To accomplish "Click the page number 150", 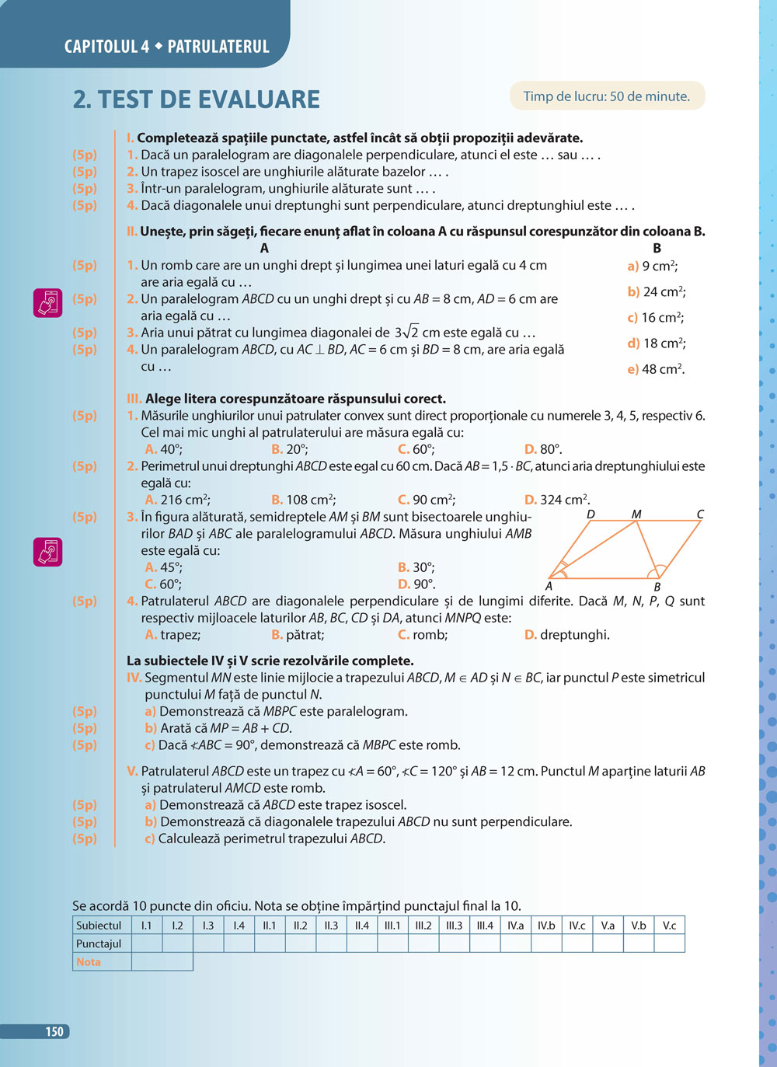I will point(54,1031).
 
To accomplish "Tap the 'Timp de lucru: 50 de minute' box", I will point(607,96).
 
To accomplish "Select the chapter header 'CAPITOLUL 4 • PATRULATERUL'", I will point(166,47).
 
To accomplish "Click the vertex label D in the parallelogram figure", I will point(591,514).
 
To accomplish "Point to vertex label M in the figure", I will point(636,514).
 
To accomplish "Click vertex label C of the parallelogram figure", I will point(700,514).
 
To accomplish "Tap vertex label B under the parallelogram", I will point(657,588).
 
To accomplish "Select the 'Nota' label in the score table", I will point(89,962).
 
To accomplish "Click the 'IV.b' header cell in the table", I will point(546,926).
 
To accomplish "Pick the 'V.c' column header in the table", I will point(669,926).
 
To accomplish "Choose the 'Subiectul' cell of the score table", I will point(99,926).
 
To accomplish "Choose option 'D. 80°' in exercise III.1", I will point(543,449).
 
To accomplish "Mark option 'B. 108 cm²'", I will point(303,500).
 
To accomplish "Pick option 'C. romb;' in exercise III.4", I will point(423,635).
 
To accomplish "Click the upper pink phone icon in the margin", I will point(47,302).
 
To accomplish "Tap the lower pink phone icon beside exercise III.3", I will point(47,552).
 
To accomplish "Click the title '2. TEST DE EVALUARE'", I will point(197,99).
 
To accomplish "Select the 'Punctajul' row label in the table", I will point(99,943).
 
